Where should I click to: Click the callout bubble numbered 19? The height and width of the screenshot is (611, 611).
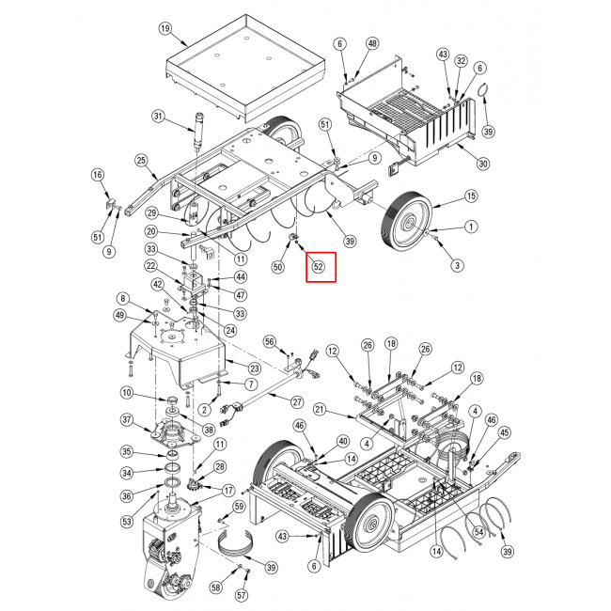[165, 28]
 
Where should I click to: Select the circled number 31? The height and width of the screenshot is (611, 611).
[158, 117]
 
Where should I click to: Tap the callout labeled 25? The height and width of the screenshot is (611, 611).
[141, 160]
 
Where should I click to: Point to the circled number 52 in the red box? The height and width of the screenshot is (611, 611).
[319, 267]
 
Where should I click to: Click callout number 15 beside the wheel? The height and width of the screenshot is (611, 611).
[471, 196]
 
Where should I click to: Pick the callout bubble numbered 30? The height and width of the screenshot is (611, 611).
[483, 164]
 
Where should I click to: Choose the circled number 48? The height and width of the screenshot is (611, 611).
[372, 43]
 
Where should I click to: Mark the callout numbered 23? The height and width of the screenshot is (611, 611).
[255, 368]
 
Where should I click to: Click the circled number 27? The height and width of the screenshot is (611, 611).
[297, 401]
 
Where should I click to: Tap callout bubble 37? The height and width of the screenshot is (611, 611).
[127, 420]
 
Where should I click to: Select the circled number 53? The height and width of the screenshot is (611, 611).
[127, 522]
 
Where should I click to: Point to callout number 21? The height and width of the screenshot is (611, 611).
[320, 410]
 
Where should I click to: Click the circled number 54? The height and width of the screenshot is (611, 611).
[478, 532]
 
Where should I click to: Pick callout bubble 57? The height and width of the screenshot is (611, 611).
[242, 595]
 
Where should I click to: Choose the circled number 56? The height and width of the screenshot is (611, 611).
[270, 342]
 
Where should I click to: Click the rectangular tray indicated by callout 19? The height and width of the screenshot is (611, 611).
[245, 69]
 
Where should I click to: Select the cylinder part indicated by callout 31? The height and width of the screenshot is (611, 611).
[199, 131]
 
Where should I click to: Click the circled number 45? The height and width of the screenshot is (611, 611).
[504, 432]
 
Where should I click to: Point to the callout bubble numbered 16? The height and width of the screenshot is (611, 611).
[98, 175]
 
